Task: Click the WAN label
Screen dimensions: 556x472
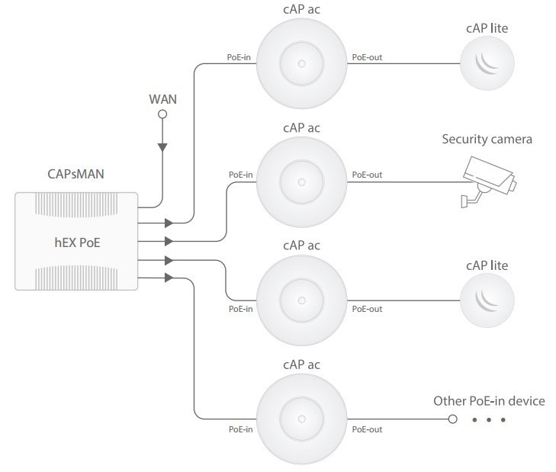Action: (x=162, y=99)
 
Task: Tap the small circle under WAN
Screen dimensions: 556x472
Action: (x=162, y=114)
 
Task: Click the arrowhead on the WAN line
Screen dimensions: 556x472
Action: (x=162, y=147)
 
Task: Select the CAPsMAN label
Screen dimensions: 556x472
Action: (x=76, y=174)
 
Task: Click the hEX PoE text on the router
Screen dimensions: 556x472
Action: (x=77, y=242)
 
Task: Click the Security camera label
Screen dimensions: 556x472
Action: (x=487, y=139)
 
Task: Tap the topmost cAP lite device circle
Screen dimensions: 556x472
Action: (x=487, y=63)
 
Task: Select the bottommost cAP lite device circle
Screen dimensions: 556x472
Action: (x=487, y=300)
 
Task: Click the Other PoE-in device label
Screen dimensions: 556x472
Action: (x=489, y=401)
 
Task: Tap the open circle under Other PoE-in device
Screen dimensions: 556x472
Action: (x=452, y=419)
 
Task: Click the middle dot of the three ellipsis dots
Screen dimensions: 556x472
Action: (x=489, y=420)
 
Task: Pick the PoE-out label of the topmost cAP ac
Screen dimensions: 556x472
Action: (x=367, y=57)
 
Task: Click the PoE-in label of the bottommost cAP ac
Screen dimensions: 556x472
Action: (x=241, y=429)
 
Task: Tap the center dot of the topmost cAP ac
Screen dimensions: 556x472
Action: (x=302, y=63)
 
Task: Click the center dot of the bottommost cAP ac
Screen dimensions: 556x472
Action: (x=302, y=419)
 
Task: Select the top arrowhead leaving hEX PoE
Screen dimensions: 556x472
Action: (x=169, y=223)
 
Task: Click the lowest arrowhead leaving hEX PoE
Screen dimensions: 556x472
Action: (x=169, y=278)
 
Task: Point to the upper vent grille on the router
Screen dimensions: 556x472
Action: (x=76, y=205)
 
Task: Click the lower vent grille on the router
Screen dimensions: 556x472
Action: (x=76, y=278)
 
